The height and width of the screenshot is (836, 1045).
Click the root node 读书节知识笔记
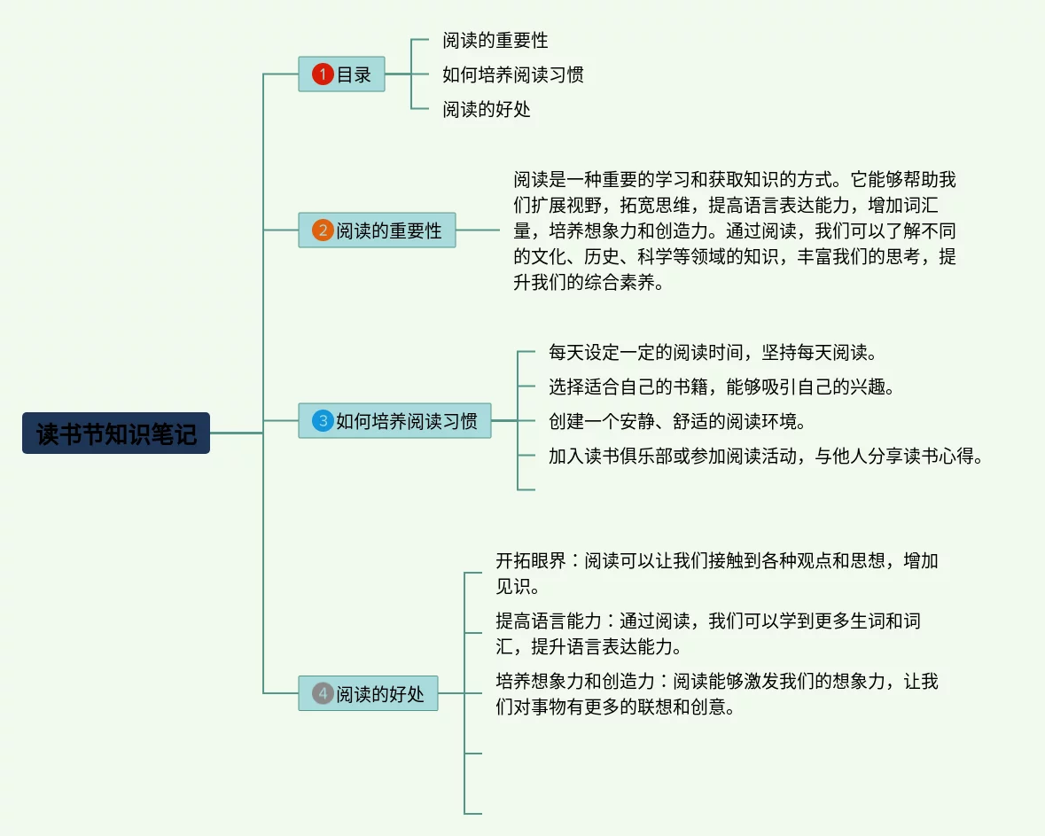(x=116, y=434)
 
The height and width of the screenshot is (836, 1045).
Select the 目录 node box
(x=341, y=74)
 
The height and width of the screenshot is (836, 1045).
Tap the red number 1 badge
(x=323, y=74)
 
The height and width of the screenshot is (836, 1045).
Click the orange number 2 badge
(x=323, y=230)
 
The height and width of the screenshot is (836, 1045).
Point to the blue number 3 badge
(x=323, y=421)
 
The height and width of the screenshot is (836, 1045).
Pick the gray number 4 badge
(x=323, y=693)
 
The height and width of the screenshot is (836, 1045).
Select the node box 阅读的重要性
(x=377, y=230)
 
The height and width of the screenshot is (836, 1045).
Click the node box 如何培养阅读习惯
(x=394, y=421)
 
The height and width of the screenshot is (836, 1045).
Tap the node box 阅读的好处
(x=368, y=693)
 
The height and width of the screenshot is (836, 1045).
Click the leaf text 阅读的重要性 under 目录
(x=495, y=41)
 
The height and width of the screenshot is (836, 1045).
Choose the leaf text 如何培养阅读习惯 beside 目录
(x=513, y=74)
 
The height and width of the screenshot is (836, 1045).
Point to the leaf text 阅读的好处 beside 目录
(x=487, y=109)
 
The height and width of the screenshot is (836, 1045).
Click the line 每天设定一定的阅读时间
(x=713, y=352)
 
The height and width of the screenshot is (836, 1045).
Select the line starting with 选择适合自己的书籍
(x=721, y=387)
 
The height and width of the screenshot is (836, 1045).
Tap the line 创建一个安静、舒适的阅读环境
(x=677, y=421)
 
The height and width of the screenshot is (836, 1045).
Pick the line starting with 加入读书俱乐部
(x=765, y=456)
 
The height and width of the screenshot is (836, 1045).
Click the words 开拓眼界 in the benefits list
(x=531, y=560)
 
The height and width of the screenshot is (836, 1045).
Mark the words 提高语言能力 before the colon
(x=549, y=621)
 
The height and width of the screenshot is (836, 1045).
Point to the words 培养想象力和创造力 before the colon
(x=575, y=682)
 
